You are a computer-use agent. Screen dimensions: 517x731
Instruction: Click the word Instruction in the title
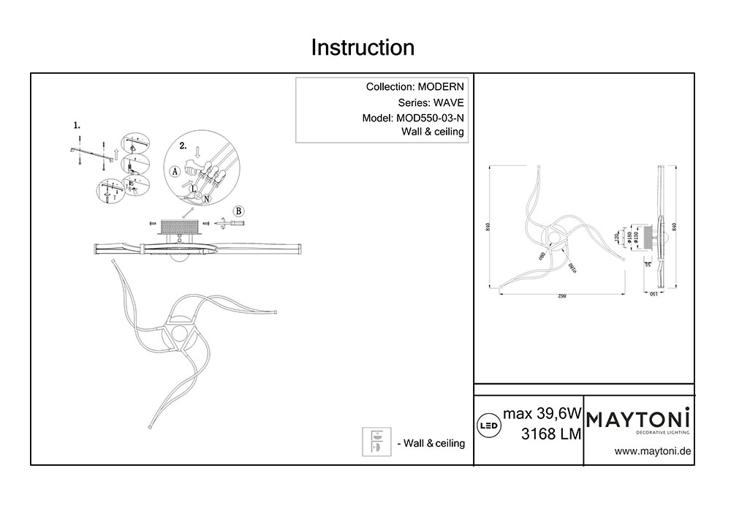(x=363, y=48)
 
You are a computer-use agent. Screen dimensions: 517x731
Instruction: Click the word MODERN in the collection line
(x=436, y=87)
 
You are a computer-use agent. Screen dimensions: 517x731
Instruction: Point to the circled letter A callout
(x=174, y=171)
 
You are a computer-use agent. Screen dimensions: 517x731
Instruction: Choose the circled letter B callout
(x=238, y=211)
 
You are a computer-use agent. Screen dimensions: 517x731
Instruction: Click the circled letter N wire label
(x=207, y=199)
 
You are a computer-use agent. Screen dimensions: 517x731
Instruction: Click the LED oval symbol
(x=488, y=424)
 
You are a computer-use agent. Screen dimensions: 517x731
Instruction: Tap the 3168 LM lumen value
(x=550, y=434)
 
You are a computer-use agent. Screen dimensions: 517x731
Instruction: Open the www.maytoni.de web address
(x=653, y=451)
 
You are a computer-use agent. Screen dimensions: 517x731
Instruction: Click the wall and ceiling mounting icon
(x=375, y=442)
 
